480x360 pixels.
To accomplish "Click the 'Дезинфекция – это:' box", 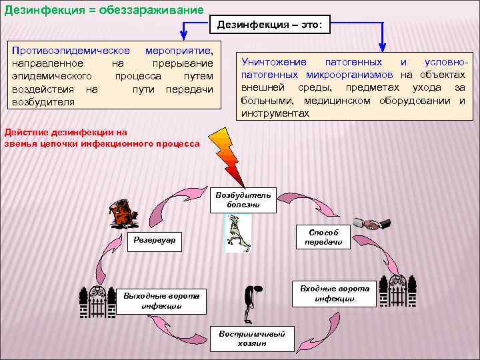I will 269,25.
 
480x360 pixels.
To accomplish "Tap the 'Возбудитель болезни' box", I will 243,200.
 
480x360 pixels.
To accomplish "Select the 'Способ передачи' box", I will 323,237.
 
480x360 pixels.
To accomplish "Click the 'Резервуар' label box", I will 155,240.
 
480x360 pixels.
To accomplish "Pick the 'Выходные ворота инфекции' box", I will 161,301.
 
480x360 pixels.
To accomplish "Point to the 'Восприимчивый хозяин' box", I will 253,338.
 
